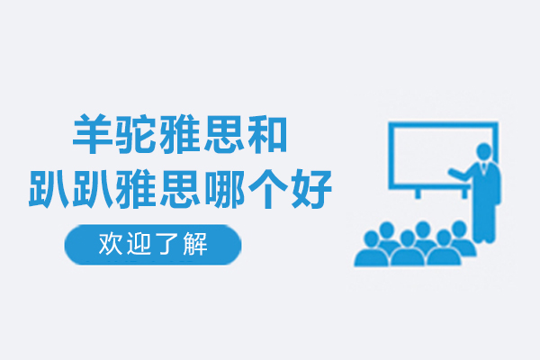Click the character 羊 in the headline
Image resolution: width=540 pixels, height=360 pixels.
[x=93, y=134]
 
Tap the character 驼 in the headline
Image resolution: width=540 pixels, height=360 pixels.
[x=136, y=134]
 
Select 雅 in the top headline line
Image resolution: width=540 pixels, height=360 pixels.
[x=179, y=134]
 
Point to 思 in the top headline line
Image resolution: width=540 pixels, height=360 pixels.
[x=223, y=134]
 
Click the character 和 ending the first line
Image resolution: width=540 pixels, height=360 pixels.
[x=267, y=134]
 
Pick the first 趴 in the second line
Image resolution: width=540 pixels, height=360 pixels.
[x=49, y=188]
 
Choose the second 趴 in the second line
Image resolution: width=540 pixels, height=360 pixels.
[x=93, y=188]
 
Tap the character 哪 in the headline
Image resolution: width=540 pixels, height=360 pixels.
[x=223, y=188]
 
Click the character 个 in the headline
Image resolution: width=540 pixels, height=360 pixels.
[x=267, y=188]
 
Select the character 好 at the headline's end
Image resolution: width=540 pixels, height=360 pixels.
[x=311, y=188]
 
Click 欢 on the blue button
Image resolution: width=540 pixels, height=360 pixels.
[x=111, y=244]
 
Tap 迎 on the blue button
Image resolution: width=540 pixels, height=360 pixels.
[x=139, y=244]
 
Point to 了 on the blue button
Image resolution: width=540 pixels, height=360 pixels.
[x=166, y=244]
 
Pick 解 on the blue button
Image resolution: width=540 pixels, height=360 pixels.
[x=194, y=244]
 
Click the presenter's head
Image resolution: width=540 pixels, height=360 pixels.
[x=484, y=151]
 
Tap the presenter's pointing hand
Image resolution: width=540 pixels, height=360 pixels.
[x=452, y=172]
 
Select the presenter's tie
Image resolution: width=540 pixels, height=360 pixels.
[x=484, y=166]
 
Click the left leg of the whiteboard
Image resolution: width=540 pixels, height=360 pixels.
[x=418, y=193]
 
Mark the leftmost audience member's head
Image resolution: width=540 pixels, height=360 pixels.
[x=371, y=238]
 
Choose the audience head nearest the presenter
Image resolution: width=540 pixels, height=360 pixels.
[x=459, y=229]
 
